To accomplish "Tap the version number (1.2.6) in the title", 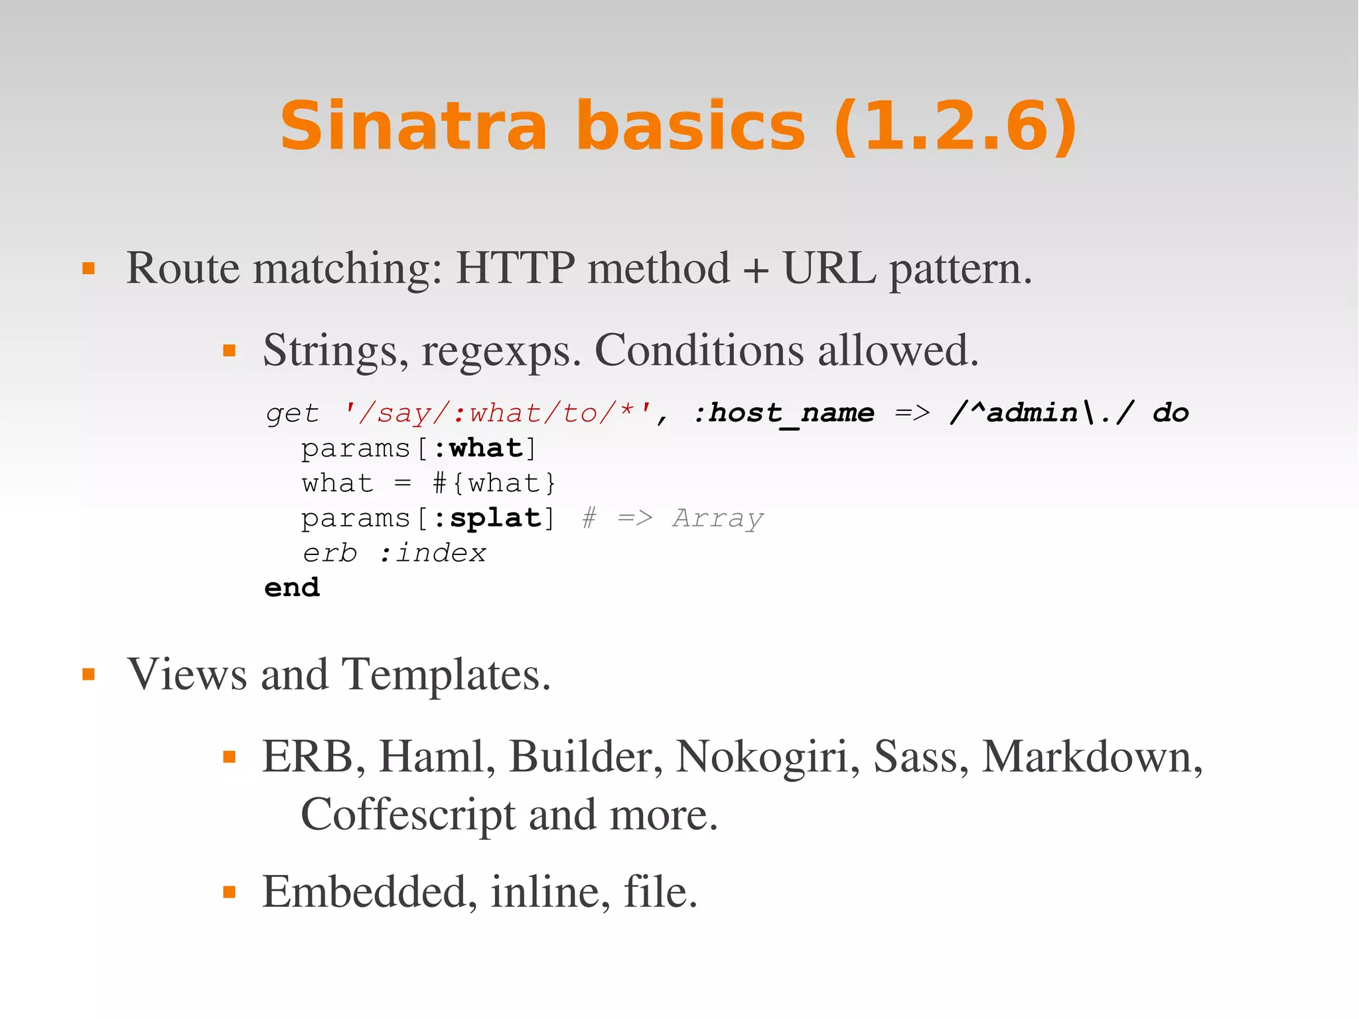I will click(x=955, y=125).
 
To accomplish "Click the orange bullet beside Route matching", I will click(x=88, y=269).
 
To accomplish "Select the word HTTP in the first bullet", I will click(x=515, y=268).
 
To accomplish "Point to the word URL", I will click(x=829, y=268).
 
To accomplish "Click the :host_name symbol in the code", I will click(x=784, y=413).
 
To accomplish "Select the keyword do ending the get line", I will click(x=1171, y=413).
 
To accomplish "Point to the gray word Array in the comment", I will click(x=718, y=518).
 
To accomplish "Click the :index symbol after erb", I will click(x=433, y=553).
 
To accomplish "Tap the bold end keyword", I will click(x=292, y=588).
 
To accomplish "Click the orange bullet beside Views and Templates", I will click(x=88, y=675).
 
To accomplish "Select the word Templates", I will click(x=445, y=674).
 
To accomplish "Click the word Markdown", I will click(x=1092, y=757).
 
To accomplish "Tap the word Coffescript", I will click(x=407, y=815).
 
